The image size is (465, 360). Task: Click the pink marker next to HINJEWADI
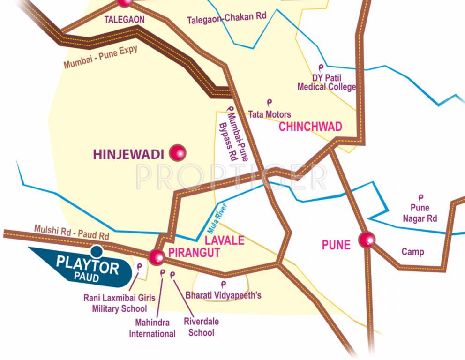[x=178, y=152]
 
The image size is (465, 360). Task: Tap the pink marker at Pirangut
[x=157, y=256]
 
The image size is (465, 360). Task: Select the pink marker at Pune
[x=367, y=240]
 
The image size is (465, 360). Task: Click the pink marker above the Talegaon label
[x=125, y=2]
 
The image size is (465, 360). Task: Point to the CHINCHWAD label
[x=310, y=127]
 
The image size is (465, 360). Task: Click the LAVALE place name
[x=225, y=240]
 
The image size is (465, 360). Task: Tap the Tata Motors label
[x=270, y=114]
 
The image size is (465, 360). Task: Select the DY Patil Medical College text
[x=327, y=82]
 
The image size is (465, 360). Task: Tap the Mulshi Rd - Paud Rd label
[x=72, y=232]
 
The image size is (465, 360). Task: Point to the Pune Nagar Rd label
[x=420, y=213]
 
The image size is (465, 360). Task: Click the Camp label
[x=412, y=252]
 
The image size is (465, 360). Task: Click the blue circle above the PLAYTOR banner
[x=97, y=251]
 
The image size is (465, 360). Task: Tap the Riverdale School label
[x=201, y=327]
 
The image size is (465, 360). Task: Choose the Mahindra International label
[x=152, y=328]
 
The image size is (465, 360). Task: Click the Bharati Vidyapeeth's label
[x=223, y=295]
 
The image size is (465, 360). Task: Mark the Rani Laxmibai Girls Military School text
[x=120, y=303]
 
